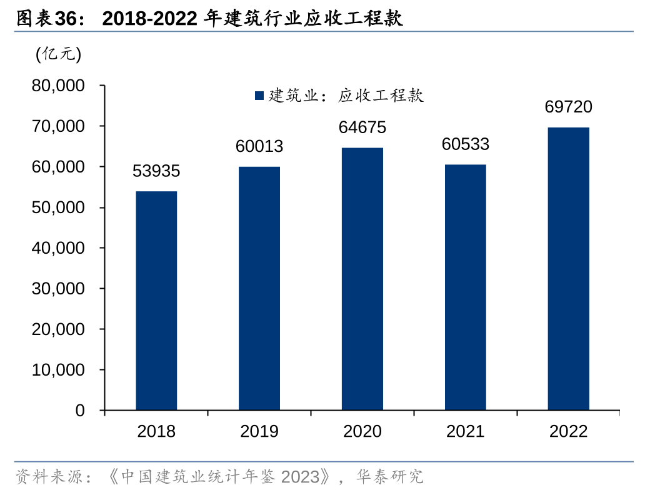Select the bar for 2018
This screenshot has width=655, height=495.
pyautogui.click(x=156, y=301)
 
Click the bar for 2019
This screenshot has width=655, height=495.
pyautogui.click(x=259, y=288)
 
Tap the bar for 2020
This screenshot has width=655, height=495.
pyautogui.click(x=362, y=279)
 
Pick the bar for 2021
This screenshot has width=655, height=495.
pyautogui.click(x=465, y=287)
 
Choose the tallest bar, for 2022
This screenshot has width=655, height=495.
pyautogui.click(x=568, y=269)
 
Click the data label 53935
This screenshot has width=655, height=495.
pyautogui.click(x=156, y=171)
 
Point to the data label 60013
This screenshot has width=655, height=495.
pyautogui.click(x=259, y=146)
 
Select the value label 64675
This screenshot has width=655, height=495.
pyautogui.click(x=362, y=127)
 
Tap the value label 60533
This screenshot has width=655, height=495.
pyautogui.click(x=465, y=144)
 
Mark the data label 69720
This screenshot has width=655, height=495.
pyautogui.click(x=568, y=107)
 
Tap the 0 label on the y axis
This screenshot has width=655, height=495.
pyautogui.click(x=80, y=411)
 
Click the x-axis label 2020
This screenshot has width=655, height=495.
pyautogui.click(x=362, y=431)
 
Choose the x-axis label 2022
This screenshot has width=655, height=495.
pyautogui.click(x=568, y=431)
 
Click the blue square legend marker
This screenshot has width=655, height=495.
pyautogui.click(x=259, y=96)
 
